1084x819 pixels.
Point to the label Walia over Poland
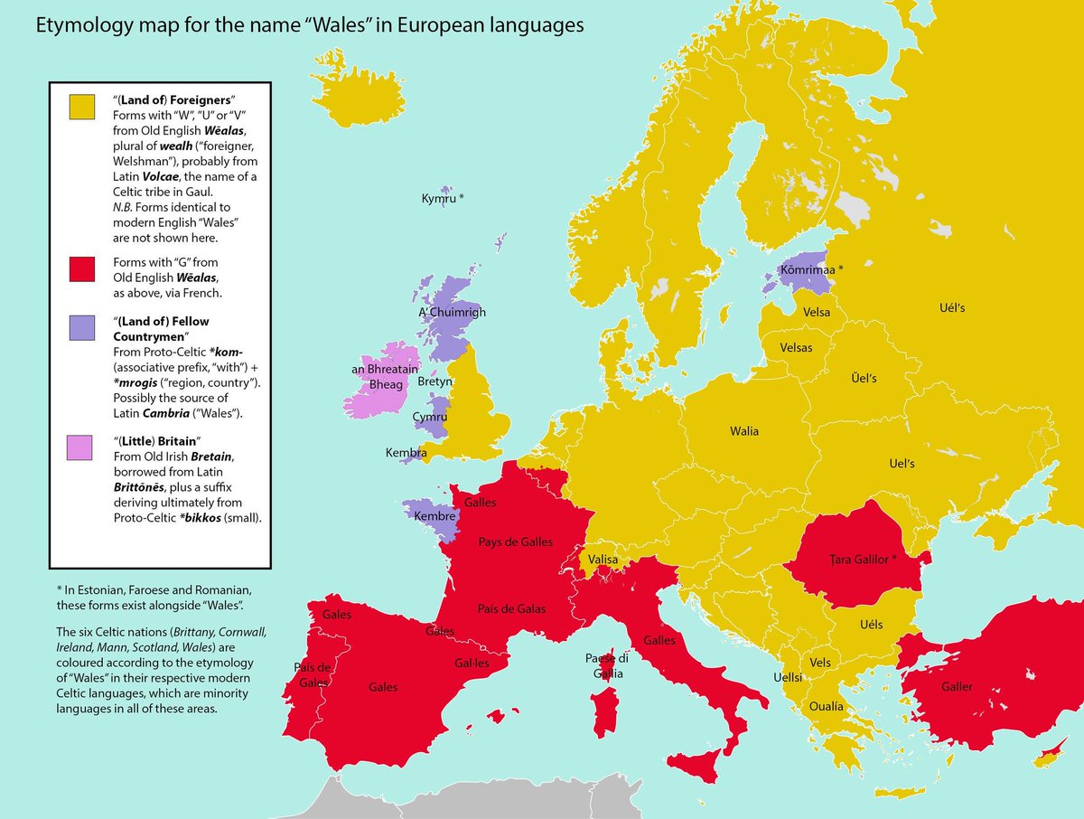click(745, 431)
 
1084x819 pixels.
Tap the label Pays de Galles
click(516, 542)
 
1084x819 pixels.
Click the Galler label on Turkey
click(957, 687)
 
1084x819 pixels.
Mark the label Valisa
click(603, 560)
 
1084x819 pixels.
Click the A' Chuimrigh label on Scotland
click(452, 313)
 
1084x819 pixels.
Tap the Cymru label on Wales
click(429, 417)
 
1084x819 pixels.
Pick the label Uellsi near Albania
click(787, 676)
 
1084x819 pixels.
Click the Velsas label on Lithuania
click(796, 347)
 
